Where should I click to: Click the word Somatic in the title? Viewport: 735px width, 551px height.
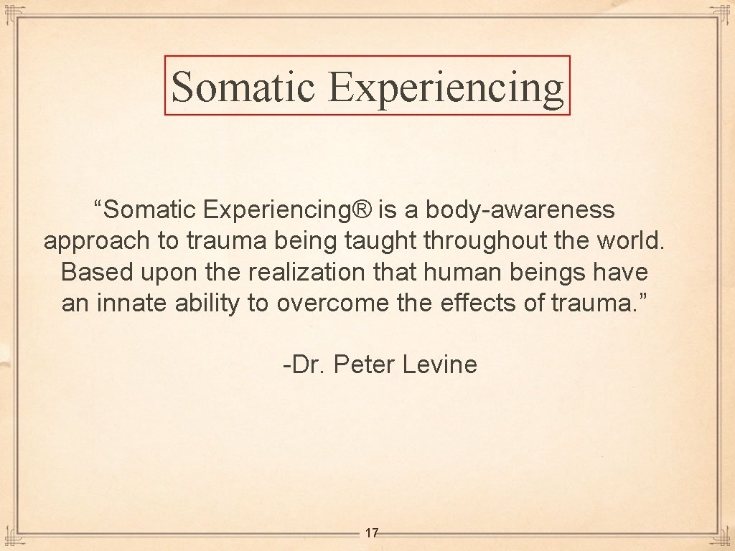pyautogui.click(x=243, y=86)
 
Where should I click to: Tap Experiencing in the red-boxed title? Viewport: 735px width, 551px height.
pyautogui.click(x=446, y=88)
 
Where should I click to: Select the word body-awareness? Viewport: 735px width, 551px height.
pyautogui.click(x=520, y=210)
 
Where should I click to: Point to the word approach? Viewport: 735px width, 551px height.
pyautogui.click(x=98, y=242)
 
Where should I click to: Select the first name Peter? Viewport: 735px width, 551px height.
pyautogui.click(x=365, y=364)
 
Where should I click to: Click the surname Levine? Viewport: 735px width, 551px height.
pyautogui.click(x=440, y=364)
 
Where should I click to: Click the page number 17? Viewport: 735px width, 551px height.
pyautogui.click(x=371, y=533)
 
